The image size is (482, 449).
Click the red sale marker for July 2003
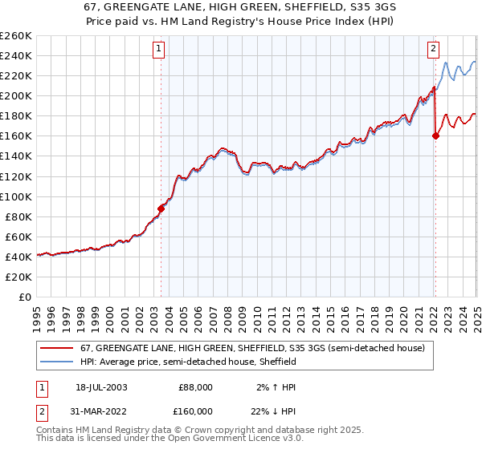[x=161, y=208]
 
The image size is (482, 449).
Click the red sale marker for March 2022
[x=435, y=136]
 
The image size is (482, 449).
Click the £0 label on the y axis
[x=25, y=297]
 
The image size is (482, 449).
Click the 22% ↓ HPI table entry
[x=276, y=411]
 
